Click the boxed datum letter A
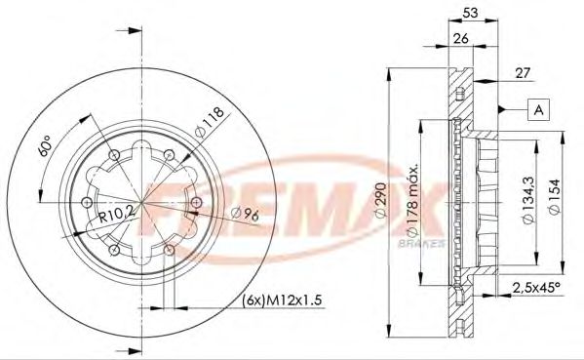(537, 110)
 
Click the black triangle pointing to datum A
(500, 110)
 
